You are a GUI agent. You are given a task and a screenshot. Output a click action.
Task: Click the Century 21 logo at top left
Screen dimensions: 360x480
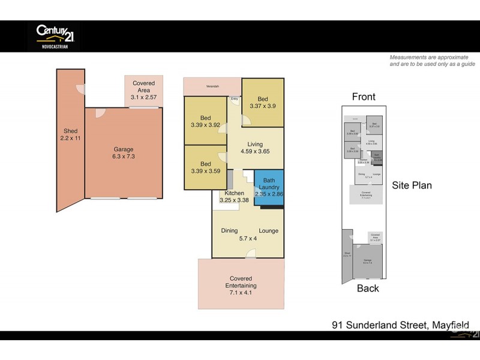click(x=55, y=35)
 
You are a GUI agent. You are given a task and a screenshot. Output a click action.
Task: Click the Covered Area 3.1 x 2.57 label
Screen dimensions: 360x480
click(x=143, y=90)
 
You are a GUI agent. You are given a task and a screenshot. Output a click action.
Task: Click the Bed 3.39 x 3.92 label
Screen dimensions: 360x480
click(x=205, y=122)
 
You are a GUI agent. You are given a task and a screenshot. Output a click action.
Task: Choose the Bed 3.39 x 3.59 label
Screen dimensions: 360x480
click(x=205, y=168)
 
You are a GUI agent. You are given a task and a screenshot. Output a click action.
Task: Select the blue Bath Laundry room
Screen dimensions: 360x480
click(x=268, y=187)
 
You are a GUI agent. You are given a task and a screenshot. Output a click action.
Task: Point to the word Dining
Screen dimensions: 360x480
click(x=229, y=231)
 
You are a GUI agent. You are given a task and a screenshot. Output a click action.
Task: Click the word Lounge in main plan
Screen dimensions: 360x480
click(x=268, y=231)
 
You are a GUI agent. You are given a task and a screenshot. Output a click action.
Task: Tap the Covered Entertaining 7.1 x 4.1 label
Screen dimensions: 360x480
click(x=241, y=282)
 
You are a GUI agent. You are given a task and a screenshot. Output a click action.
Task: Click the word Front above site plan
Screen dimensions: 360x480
click(x=364, y=97)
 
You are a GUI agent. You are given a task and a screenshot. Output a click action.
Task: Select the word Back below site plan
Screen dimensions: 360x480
click(x=368, y=289)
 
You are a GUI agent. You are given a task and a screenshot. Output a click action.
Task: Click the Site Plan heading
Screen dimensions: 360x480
click(x=412, y=185)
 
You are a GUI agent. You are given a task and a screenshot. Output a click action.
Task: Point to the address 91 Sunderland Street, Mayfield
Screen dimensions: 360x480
click(x=401, y=325)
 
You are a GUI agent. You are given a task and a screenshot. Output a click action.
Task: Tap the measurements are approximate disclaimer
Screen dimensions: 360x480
click(x=432, y=61)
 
